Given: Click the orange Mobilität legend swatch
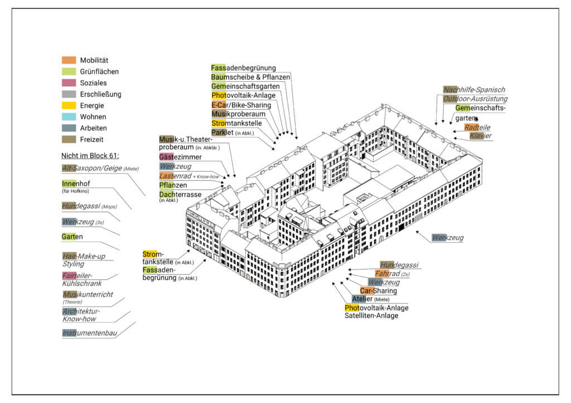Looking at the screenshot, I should [x=69, y=60].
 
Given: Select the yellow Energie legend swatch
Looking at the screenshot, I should [x=69, y=105].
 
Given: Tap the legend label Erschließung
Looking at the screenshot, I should [x=100, y=94].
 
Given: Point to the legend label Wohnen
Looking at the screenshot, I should [x=93, y=117].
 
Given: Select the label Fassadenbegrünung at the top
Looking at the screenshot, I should [x=243, y=68].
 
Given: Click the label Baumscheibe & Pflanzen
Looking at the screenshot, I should [x=250, y=77].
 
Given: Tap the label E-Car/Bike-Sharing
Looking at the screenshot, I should [x=241, y=105].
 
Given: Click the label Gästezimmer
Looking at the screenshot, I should [x=181, y=157].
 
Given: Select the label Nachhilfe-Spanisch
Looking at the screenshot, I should [x=474, y=90].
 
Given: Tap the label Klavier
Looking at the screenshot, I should [x=480, y=136].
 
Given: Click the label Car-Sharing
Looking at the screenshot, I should [x=378, y=291].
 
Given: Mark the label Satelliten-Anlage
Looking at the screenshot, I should [x=371, y=316].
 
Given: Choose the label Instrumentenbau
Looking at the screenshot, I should [x=90, y=333].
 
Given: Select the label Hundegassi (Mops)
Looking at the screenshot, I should [x=88, y=206].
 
